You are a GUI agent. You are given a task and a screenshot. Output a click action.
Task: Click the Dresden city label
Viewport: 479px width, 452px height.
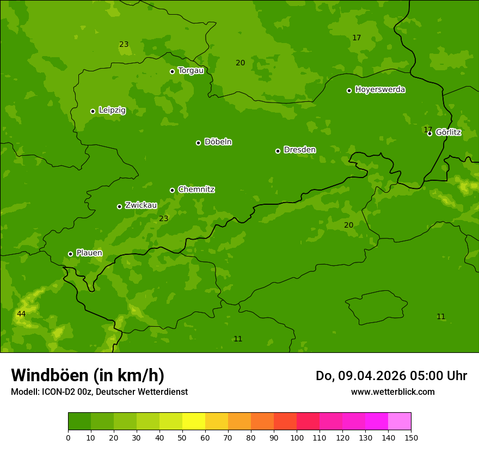[299, 150]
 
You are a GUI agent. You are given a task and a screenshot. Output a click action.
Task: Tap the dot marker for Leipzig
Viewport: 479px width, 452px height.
[93, 111]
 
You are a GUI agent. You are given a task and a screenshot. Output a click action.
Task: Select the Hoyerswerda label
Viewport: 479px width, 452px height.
[380, 90]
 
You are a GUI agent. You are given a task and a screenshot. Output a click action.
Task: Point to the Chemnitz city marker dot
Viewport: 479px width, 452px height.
[172, 190]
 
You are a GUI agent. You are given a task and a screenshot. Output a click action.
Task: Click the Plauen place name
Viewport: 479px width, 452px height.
[89, 253]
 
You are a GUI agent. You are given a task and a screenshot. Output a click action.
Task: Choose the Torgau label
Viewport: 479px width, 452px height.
[191, 71]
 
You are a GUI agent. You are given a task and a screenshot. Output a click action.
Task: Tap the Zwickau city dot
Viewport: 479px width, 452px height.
[119, 206]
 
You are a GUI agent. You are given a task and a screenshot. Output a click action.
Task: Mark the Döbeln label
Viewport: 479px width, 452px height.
[218, 142]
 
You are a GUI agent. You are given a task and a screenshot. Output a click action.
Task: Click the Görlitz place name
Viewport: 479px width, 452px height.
[449, 132]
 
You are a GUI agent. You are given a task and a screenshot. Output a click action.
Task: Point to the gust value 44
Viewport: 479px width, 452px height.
[21, 314]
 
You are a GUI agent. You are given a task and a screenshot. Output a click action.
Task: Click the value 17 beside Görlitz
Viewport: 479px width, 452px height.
[427, 130]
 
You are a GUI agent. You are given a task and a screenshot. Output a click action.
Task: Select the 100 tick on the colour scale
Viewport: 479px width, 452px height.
[297, 437]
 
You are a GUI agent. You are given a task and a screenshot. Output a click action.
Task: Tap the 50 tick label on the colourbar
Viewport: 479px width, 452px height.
[182, 437]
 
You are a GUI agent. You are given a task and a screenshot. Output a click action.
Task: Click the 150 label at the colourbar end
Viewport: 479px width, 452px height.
[411, 437]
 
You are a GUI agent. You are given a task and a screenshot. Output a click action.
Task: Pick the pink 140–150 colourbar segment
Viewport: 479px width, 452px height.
[400, 421]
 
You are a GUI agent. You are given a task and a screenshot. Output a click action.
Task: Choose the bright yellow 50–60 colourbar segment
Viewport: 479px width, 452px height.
[194, 421]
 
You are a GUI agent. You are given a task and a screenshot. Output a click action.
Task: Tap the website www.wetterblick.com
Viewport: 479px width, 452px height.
[392, 392]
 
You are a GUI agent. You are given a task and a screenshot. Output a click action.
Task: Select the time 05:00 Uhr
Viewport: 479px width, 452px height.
[430, 376]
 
